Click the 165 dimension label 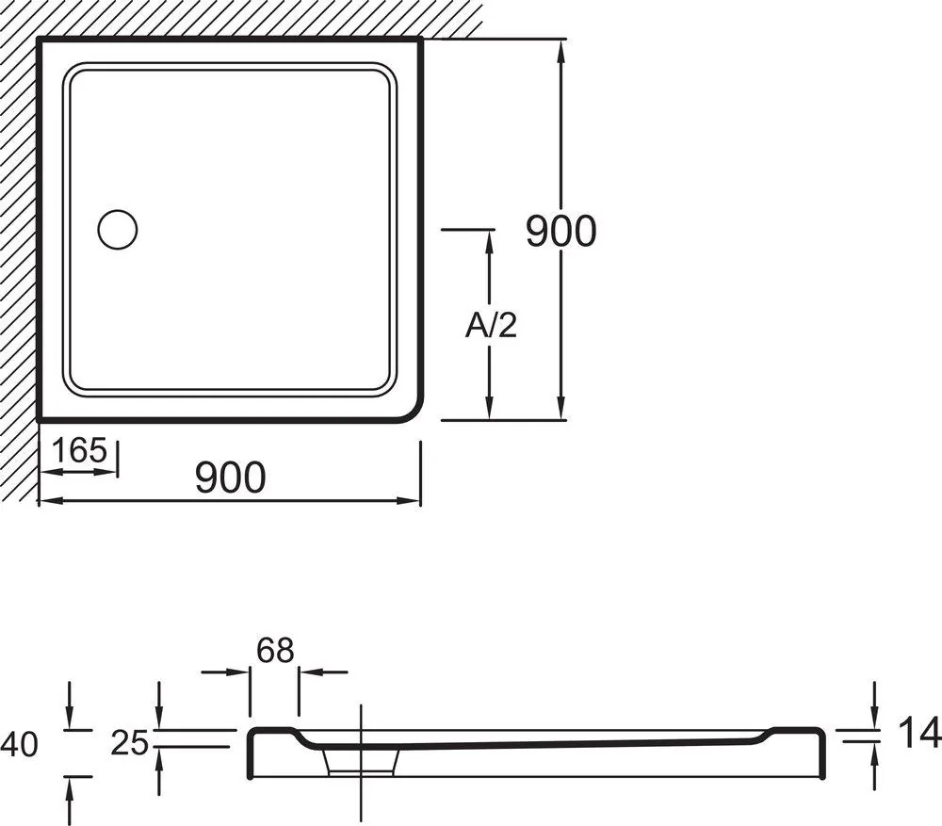tap(79, 450)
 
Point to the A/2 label tap(491, 326)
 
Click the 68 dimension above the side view tap(275, 650)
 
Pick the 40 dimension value tap(19, 745)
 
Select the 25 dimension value tap(130, 744)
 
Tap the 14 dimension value tap(919, 734)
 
